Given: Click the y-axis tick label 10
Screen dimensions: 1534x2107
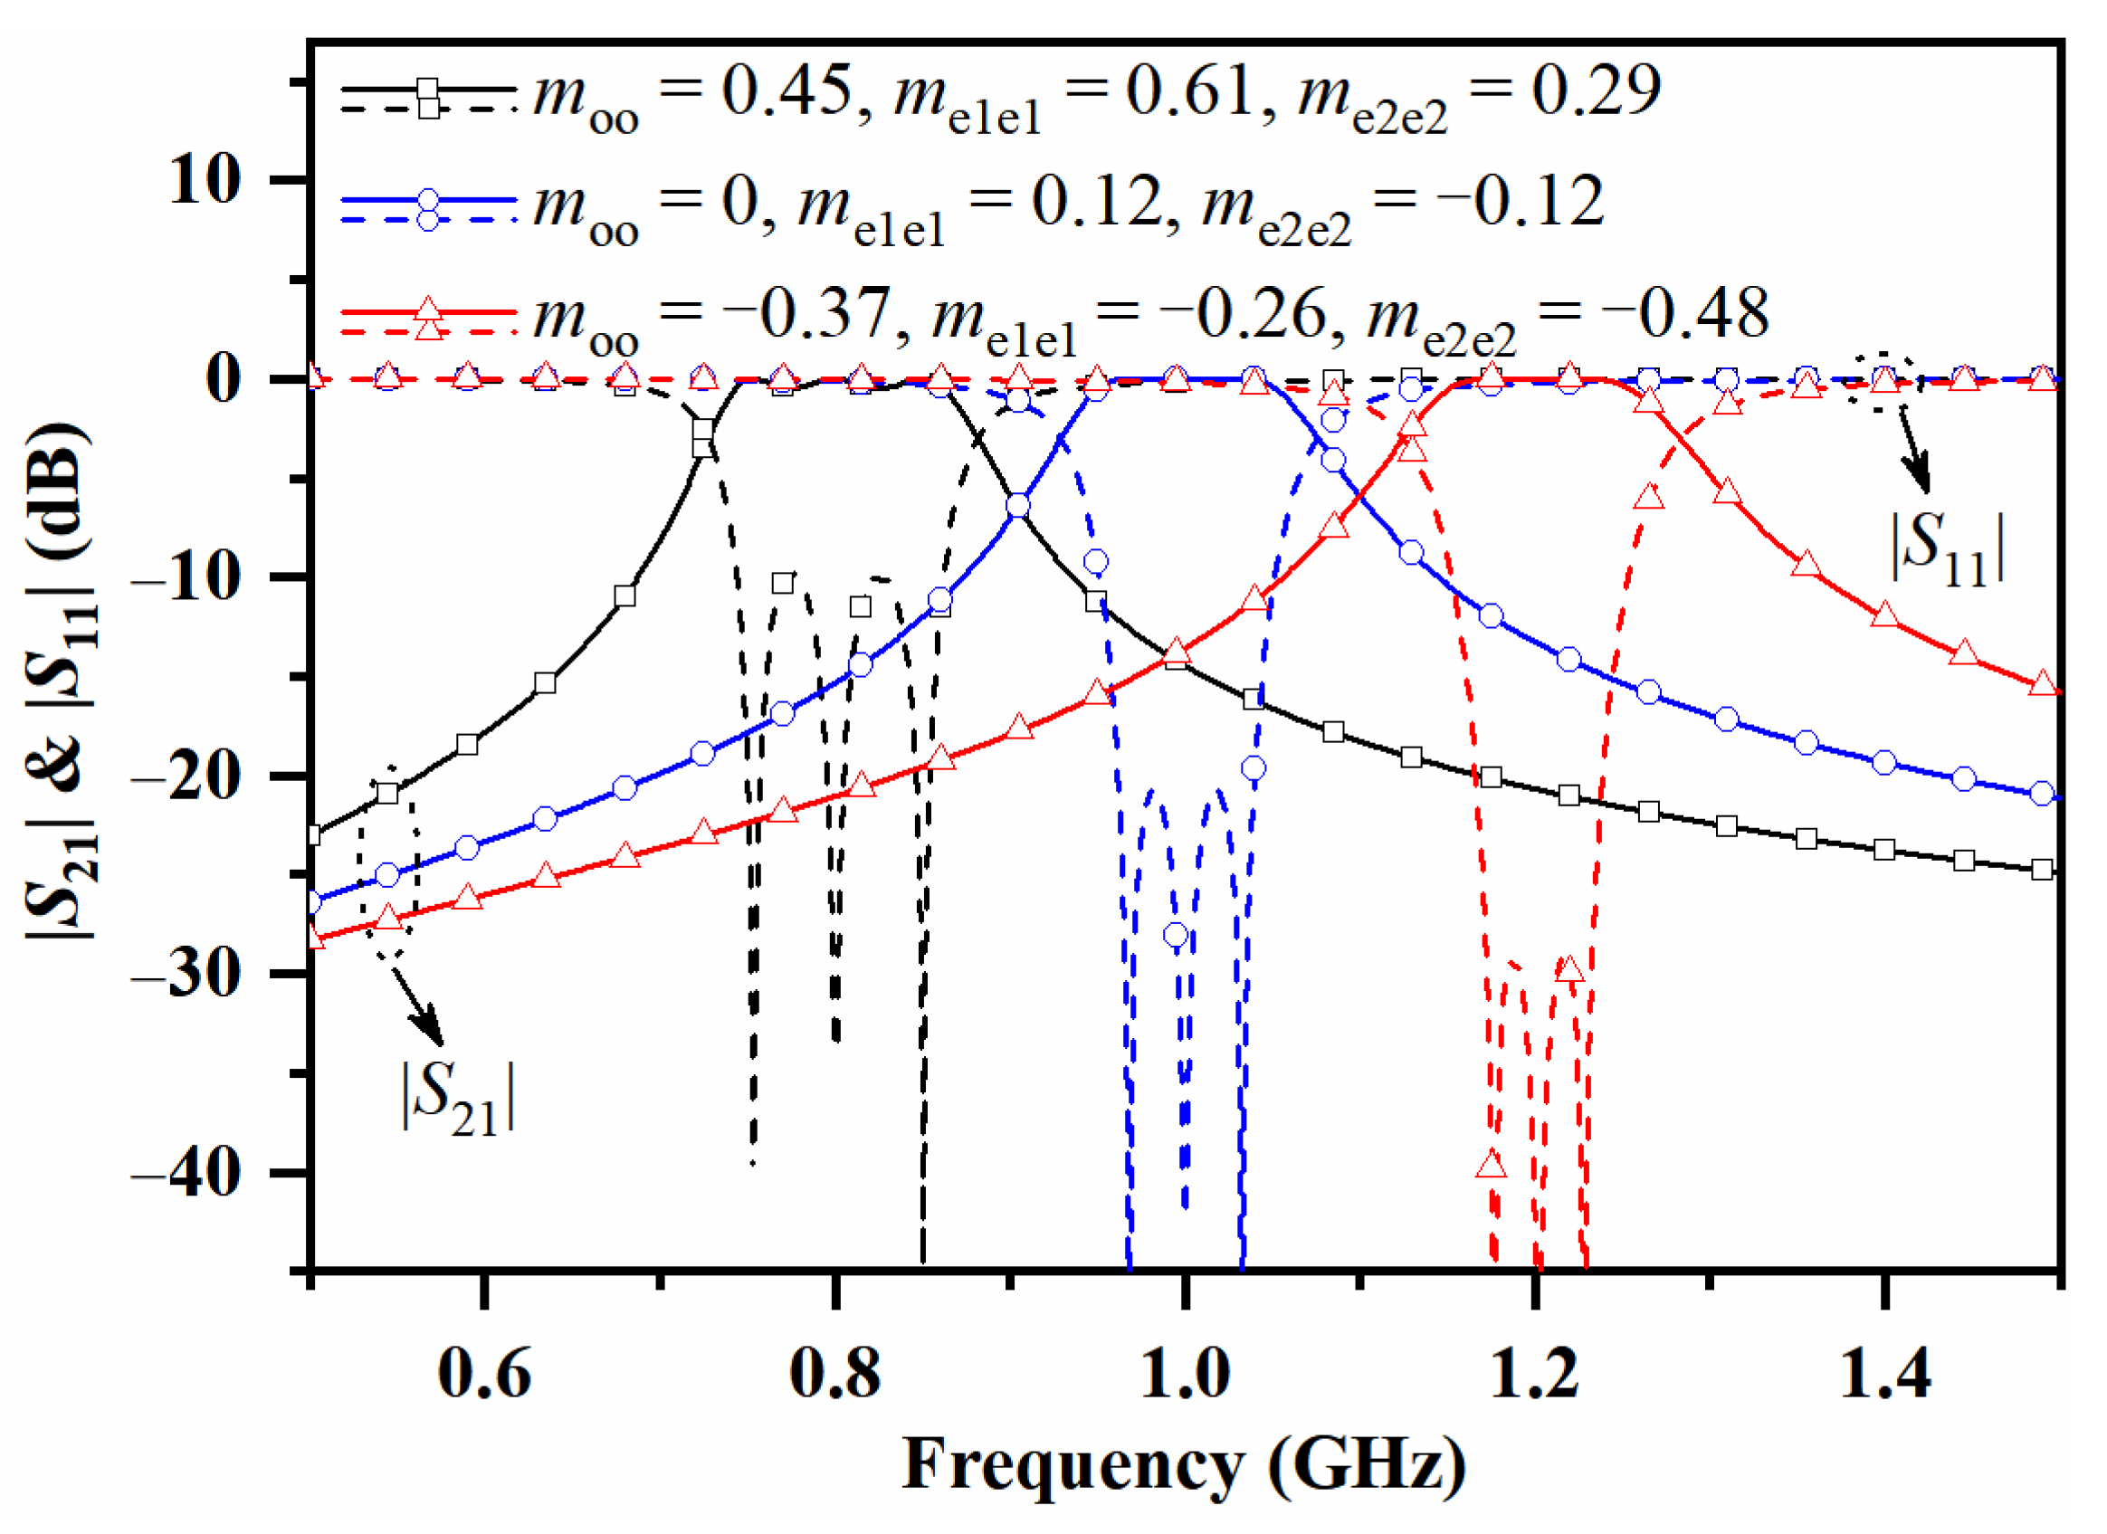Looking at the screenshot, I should pos(205,179).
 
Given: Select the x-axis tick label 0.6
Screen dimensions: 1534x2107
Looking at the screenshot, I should pos(484,1373).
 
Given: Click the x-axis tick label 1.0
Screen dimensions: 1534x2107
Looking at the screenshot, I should pos(1185,1373).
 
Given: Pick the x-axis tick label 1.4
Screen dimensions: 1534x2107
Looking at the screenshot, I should pos(1885,1373).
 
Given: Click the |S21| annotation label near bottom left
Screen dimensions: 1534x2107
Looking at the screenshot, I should pos(458,1100).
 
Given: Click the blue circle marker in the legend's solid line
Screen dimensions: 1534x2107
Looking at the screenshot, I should pos(427,200).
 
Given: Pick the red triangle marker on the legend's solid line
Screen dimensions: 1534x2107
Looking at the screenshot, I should pos(427,310).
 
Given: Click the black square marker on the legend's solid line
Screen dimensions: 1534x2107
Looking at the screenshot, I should pos(427,90).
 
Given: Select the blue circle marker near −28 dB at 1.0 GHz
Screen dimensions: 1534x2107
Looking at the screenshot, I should pos(1176,935).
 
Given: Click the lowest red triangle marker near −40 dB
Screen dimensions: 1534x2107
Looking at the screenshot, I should pos(1491,1166).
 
